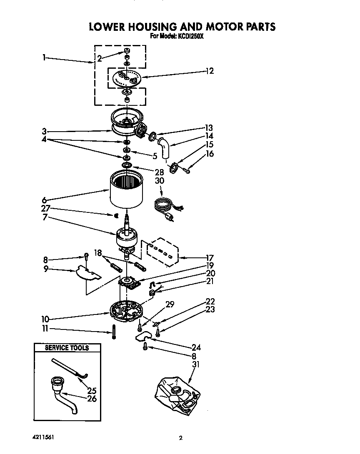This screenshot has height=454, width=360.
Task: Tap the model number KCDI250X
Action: [189, 36]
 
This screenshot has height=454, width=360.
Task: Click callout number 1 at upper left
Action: [44, 57]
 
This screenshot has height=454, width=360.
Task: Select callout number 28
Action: [159, 171]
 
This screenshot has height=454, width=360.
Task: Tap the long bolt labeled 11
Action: [113, 332]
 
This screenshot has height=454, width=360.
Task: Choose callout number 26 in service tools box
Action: [92, 399]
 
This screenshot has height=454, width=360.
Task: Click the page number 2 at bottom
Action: [180, 438]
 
